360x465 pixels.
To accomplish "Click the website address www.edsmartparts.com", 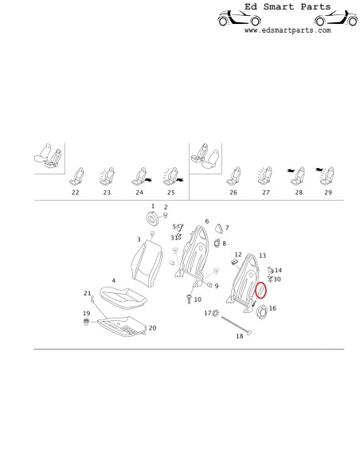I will [x=287, y=30].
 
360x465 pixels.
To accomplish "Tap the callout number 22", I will [x=76, y=193].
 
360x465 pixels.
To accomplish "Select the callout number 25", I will [x=169, y=193].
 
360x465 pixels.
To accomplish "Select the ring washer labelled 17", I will [x=214, y=313].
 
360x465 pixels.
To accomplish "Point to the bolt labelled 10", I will [x=188, y=299].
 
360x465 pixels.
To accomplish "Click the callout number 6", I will [x=206, y=221].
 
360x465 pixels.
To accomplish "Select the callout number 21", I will [x=88, y=294].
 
